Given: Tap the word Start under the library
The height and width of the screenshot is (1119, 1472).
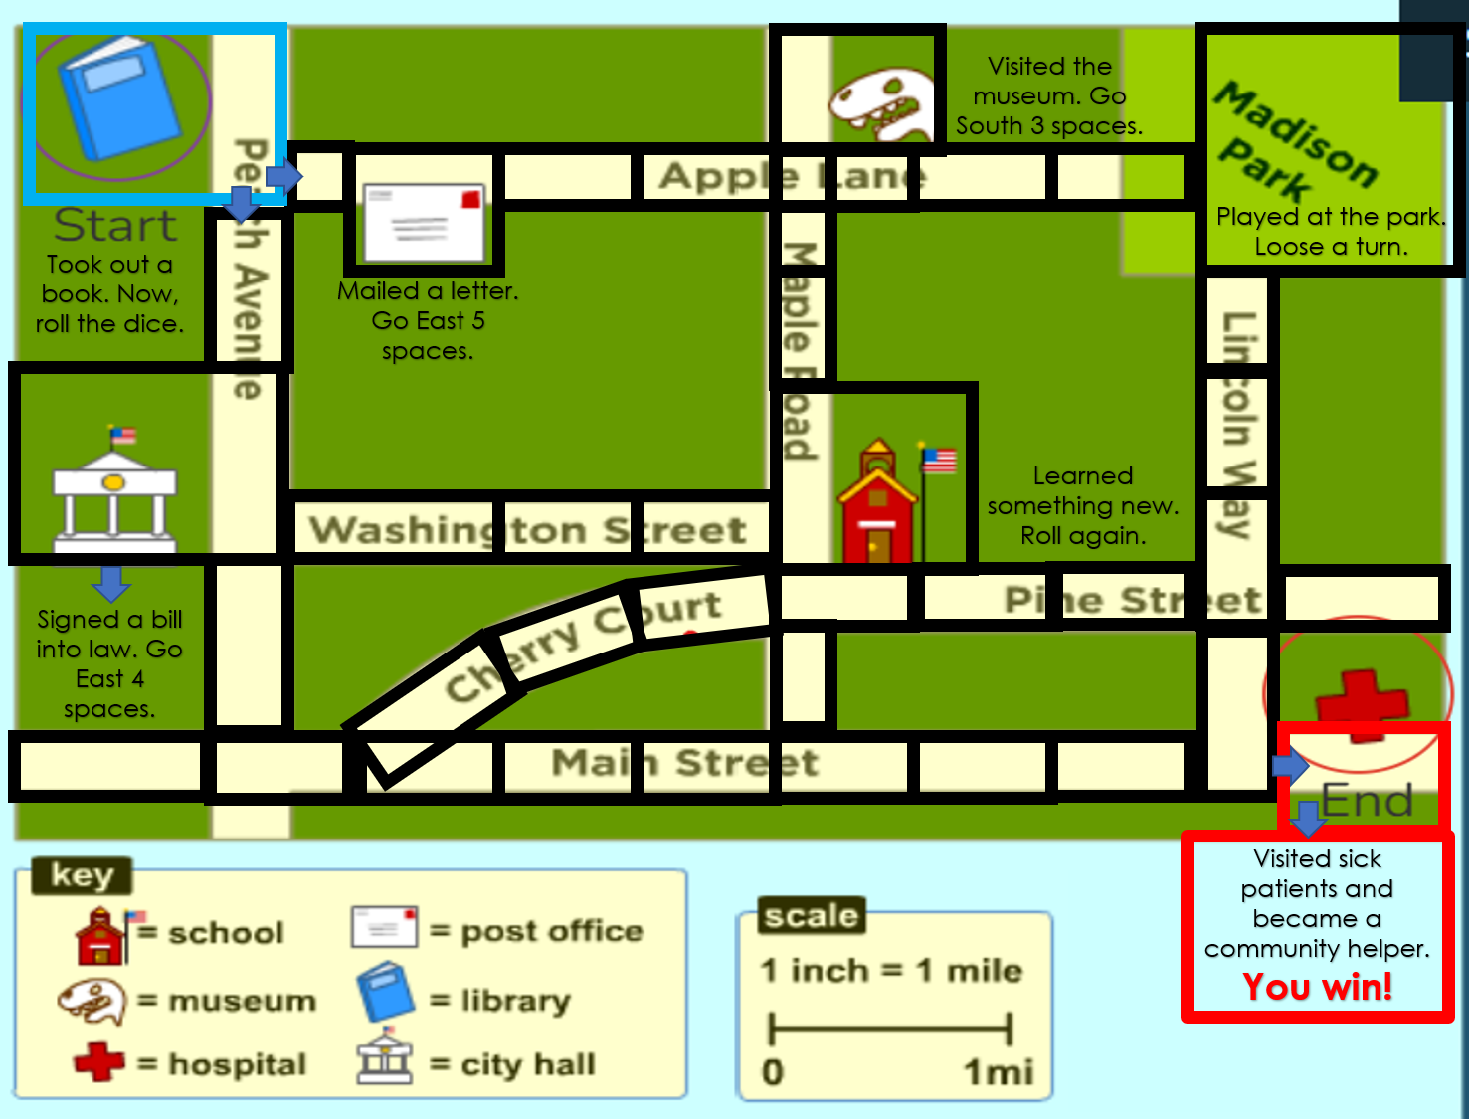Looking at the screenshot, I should click(115, 226).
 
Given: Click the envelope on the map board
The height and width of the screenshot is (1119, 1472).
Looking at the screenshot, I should click(425, 222).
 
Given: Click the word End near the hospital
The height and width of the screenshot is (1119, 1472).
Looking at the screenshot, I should click(1367, 801).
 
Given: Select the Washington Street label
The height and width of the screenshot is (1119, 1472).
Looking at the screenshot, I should click(527, 529).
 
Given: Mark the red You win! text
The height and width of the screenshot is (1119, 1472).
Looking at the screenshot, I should click(1318, 987).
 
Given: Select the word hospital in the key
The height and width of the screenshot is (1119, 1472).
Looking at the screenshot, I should click(237, 1064).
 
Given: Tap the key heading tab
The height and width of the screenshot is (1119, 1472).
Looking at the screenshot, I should click(82, 875).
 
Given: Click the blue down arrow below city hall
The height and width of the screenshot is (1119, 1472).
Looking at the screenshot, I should click(111, 584).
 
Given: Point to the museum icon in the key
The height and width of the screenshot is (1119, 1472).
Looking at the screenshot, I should click(92, 1001).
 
